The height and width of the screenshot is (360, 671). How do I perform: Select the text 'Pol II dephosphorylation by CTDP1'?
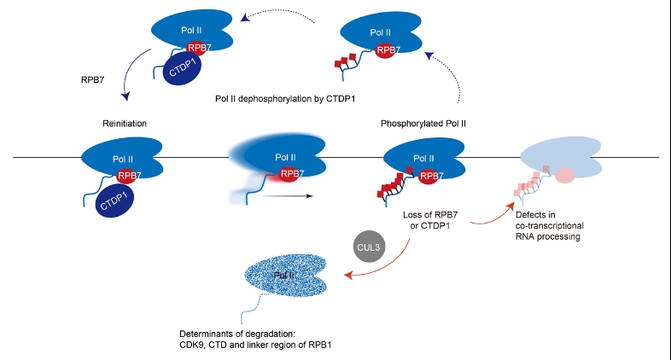[285, 98]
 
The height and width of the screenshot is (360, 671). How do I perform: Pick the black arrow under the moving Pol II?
[283, 196]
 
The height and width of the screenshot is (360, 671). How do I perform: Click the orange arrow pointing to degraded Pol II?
[380, 265]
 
